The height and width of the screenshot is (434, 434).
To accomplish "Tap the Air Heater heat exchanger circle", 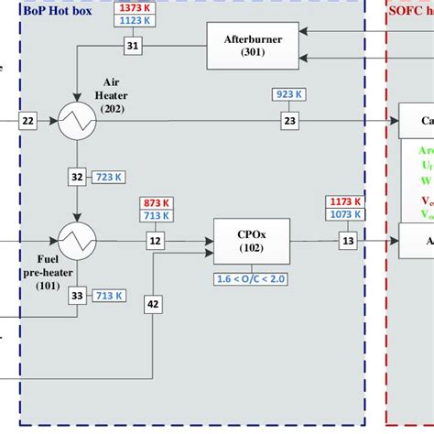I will pyautogui.click(x=77, y=120).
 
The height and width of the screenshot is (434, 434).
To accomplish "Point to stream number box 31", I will pyautogui.click(x=134, y=45).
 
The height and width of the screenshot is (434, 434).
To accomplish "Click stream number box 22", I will pyautogui.click(x=27, y=121).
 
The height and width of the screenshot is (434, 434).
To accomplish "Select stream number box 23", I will pyautogui.click(x=290, y=120).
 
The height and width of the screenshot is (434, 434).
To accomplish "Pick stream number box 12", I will pyautogui.click(x=156, y=240).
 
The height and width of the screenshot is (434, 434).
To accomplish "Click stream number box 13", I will pyautogui.click(x=348, y=240).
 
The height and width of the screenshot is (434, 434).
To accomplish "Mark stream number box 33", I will pyautogui.click(x=77, y=295).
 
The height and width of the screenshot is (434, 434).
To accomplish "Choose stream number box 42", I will pyautogui.click(x=152, y=303).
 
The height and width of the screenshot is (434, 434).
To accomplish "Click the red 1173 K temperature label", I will pyautogui.click(x=344, y=201).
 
